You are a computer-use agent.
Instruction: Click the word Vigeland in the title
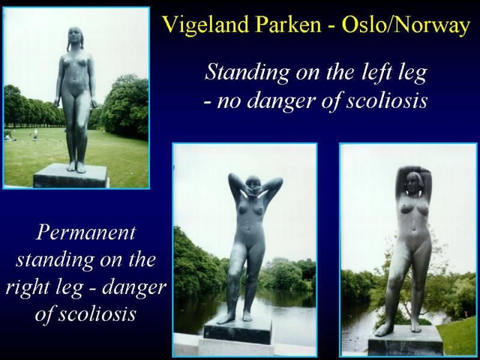[205, 25]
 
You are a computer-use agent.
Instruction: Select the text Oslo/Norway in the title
[406, 25]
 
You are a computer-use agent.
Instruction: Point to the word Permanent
[86, 233]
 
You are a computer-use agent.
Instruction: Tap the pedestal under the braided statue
[70, 176]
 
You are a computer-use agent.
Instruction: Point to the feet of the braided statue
[76, 167]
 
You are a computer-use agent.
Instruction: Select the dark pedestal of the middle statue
[238, 332]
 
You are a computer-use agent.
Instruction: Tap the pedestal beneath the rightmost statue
[406, 340]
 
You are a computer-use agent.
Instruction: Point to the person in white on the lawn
[35, 134]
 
